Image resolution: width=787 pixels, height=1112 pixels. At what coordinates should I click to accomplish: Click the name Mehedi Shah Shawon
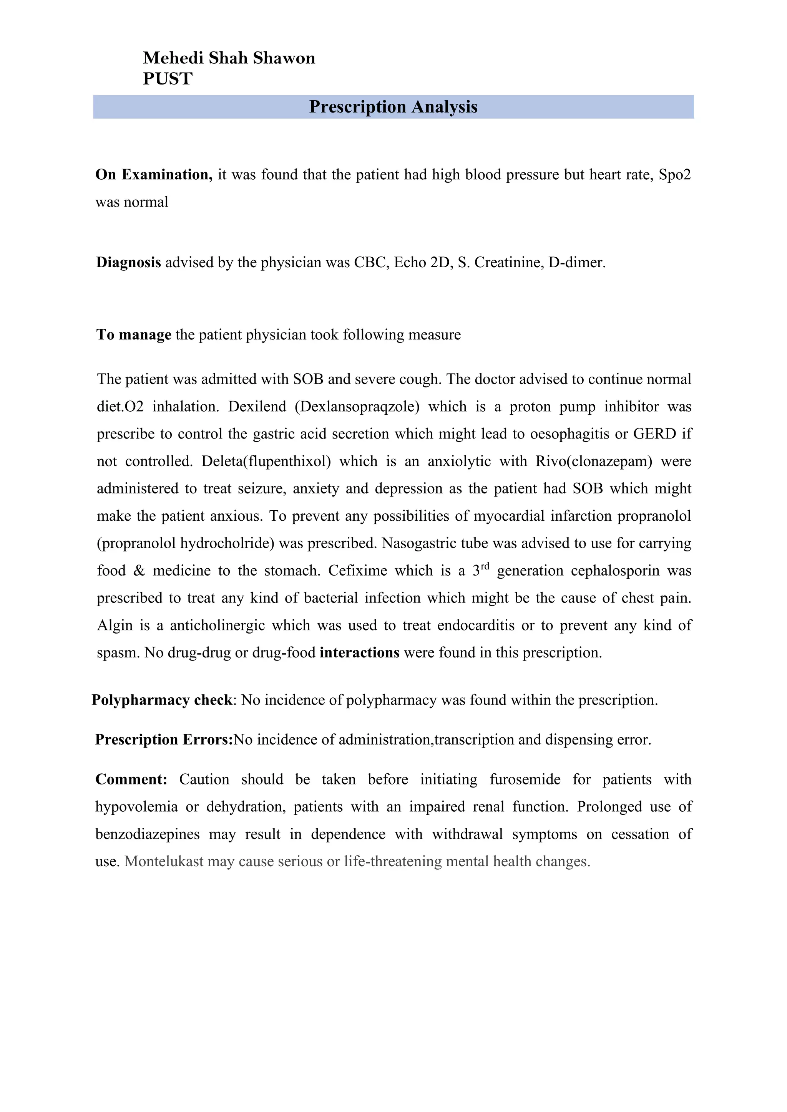[229, 58]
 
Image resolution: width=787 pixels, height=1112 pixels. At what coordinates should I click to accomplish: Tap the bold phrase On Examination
[154, 175]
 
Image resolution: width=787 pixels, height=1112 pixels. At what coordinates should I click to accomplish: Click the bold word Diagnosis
[128, 263]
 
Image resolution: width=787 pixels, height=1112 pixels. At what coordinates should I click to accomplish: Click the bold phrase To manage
[134, 335]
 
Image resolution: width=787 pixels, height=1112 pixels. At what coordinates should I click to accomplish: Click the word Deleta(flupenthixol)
[266, 461]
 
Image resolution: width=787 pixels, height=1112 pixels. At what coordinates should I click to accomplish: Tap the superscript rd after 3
[485, 566]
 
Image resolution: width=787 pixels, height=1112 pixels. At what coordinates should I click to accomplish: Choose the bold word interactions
[359, 653]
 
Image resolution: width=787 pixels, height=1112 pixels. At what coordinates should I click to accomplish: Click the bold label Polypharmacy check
[162, 700]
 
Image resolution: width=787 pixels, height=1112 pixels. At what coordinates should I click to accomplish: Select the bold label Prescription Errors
[164, 740]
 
